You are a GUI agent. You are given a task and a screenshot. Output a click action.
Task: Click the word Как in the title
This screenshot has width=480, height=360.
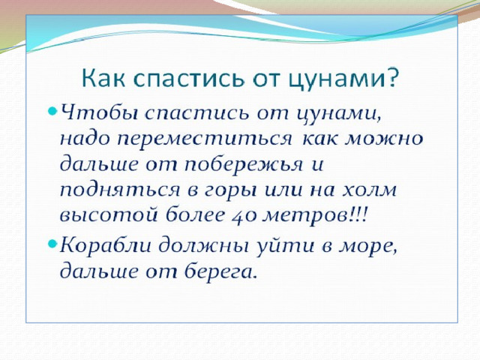coord(103,78)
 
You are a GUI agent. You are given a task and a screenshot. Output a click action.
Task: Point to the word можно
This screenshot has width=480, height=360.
coord(384,139)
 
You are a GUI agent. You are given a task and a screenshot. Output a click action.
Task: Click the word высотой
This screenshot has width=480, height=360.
coord(109,215)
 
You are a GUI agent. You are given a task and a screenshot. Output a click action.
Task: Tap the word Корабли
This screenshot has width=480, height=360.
coord(106,245)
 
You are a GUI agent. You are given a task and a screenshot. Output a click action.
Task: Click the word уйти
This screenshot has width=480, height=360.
coord(285,246)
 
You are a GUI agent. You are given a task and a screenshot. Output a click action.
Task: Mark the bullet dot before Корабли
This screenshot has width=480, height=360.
coord(52,243)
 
